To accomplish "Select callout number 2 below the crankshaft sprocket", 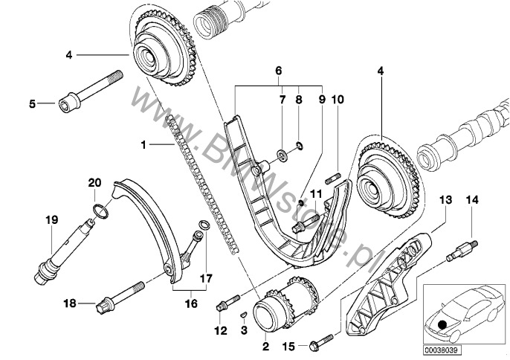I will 264,346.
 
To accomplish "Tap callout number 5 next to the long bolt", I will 33,104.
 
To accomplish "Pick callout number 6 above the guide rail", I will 279,71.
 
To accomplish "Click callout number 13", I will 445,199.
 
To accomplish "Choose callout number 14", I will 474,199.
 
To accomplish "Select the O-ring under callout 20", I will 100,213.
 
